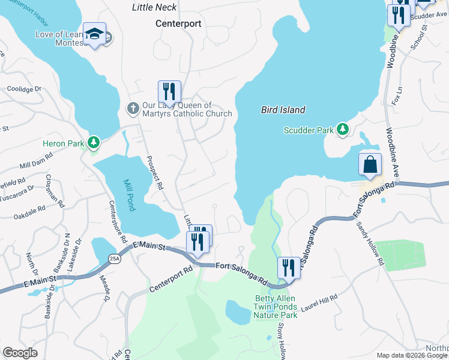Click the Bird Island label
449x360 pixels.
tap(283, 110)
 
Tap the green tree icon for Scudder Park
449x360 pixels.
tap(342, 129)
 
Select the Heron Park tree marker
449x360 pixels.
tap(93, 143)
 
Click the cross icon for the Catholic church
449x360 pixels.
tap(133, 109)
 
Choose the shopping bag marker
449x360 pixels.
tap(370, 164)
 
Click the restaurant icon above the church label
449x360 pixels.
tap(169, 91)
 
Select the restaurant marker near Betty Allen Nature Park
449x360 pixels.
tap(289, 268)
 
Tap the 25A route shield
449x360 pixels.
tap(114, 259)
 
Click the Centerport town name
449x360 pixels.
tap(178, 24)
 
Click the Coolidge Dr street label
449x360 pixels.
tap(24, 89)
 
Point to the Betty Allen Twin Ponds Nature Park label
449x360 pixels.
tap(276, 307)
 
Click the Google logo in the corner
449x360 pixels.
tap(20, 353)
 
